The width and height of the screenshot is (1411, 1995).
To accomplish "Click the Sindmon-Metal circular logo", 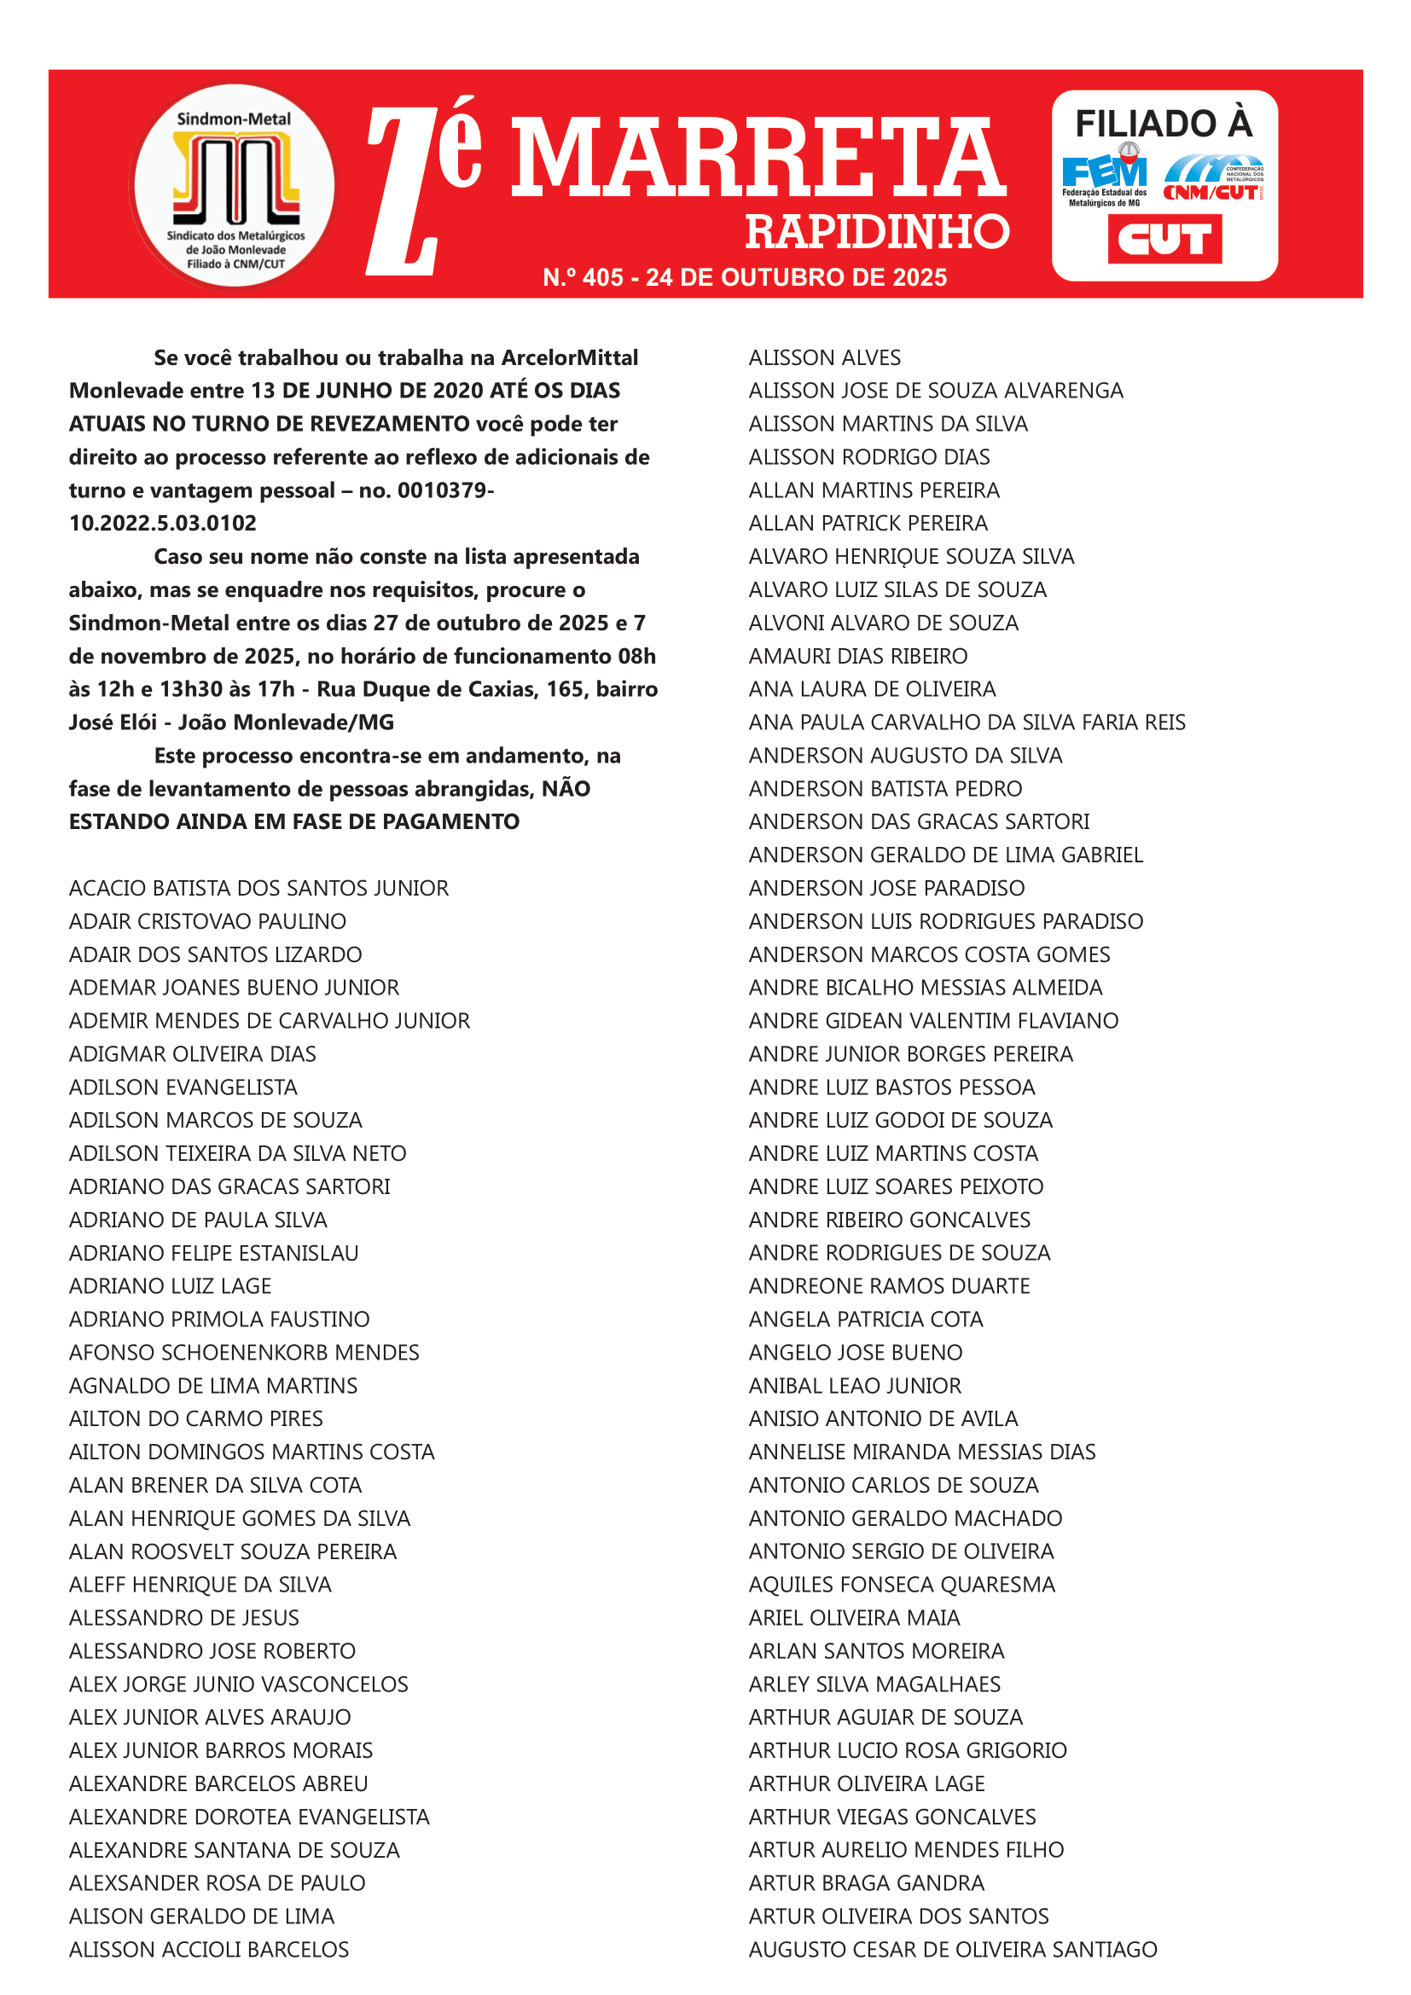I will click(233, 186).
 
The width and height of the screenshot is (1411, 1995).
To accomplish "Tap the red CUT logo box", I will click(1164, 239).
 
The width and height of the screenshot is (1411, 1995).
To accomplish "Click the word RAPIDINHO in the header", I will click(877, 232).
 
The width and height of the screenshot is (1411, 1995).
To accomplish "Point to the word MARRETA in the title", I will click(758, 159).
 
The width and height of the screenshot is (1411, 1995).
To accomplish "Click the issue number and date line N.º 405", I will click(745, 277).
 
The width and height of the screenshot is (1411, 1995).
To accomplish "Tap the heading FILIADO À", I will click(1164, 124).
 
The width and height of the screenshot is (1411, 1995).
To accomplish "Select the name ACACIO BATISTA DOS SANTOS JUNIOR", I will click(259, 888).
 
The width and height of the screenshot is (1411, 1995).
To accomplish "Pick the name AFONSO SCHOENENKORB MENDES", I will click(244, 1352).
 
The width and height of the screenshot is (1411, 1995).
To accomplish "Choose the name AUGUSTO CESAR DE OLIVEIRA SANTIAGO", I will click(952, 1949).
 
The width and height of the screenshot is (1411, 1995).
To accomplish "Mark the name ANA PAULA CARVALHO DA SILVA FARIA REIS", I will click(967, 722).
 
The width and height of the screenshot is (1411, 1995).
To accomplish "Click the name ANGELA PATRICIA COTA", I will click(865, 1319).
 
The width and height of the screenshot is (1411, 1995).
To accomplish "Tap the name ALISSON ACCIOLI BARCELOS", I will click(208, 1949).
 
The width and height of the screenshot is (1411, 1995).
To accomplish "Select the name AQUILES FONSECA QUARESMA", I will click(902, 1584).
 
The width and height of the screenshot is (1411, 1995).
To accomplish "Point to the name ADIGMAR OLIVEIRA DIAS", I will click(192, 1054).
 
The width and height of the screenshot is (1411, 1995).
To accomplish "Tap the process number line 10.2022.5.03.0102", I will click(162, 523).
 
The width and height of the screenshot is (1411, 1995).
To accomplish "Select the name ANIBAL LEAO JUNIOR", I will click(855, 1385).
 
